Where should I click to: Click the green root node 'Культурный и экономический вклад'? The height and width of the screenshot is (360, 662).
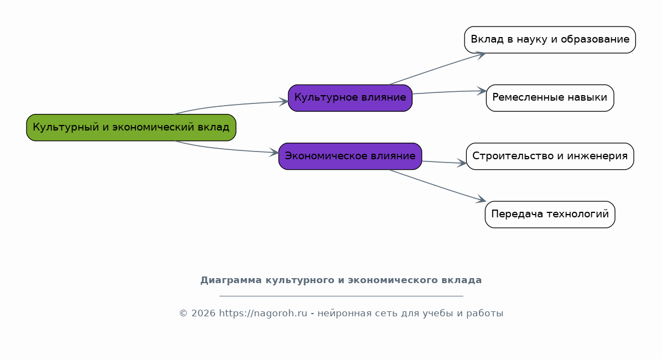tap(131, 127)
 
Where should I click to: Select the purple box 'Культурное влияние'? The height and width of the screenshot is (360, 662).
tap(350, 98)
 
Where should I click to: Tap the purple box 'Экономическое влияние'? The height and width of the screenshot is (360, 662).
tap(350, 156)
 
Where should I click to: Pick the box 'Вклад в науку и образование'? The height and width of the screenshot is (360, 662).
tap(550, 40)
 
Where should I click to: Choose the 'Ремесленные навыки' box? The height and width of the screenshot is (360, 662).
tap(550, 98)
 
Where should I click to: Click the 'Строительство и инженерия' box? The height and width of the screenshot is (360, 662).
tap(550, 156)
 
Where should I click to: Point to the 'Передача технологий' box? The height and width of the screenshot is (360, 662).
tap(550, 215)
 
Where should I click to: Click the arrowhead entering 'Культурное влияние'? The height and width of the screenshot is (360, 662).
tap(284, 101)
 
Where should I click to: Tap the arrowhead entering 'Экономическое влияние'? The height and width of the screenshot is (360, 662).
tap(274, 153)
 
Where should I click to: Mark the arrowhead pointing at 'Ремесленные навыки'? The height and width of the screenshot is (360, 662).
tap(482, 91)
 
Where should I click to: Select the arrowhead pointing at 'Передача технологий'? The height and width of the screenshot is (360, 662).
tap(481, 200)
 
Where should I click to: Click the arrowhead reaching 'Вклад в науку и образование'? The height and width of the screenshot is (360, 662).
tap(481, 54)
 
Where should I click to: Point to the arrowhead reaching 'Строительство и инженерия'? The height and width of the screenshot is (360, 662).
tap(462, 163)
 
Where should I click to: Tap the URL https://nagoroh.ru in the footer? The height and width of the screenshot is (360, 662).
tap(263, 314)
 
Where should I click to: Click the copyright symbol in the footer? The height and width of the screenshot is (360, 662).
tap(183, 314)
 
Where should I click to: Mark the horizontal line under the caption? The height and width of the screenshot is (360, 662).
tap(341, 296)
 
